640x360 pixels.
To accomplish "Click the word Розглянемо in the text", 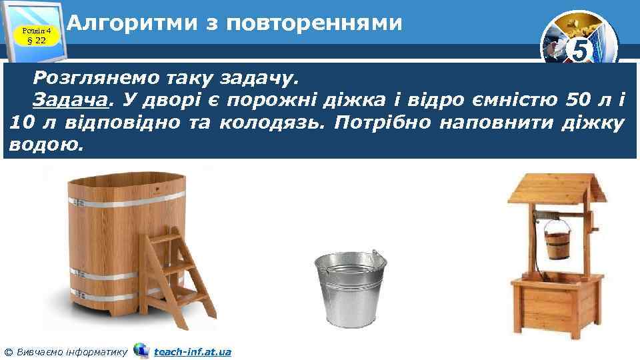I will (85, 77).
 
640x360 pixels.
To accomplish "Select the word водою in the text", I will (44, 146).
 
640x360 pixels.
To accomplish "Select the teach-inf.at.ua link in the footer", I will (192, 351).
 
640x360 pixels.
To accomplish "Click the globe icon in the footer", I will (141, 350).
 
